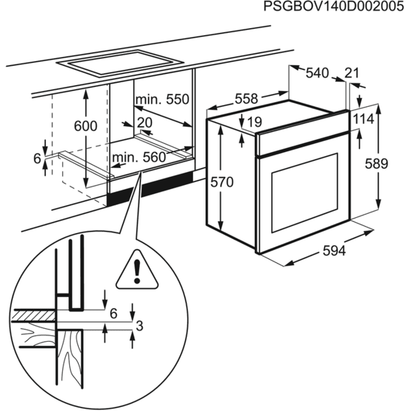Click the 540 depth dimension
(x=317, y=72)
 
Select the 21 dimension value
(x=353, y=73)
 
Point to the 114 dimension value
(x=364, y=119)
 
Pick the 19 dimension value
(x=254, y=123)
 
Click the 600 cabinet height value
(x=85, y=126)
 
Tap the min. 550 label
(x=161, y=100)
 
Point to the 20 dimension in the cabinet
(x=144, y=122)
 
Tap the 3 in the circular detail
(x=138, y=326)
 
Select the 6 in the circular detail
(x=114, y=313)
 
